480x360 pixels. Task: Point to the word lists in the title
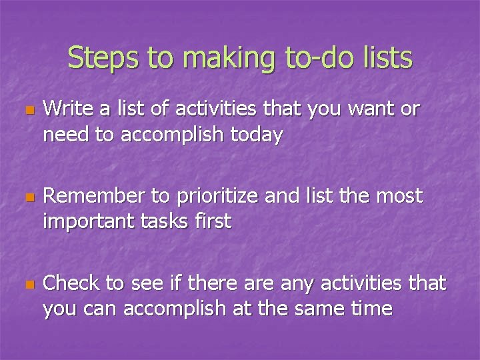tap(387, 58)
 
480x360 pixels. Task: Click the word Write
tap(67, 109)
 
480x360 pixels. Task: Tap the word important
tap(91, 221)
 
